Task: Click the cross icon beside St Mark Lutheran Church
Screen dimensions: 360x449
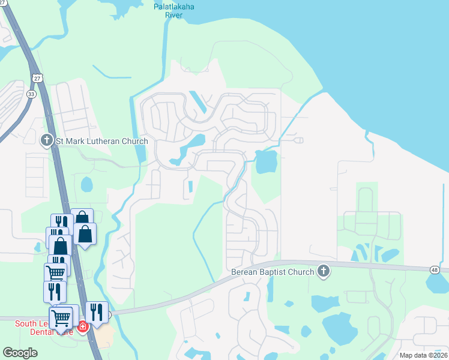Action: click(47, 141)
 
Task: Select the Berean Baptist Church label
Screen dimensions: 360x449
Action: click(273, 272)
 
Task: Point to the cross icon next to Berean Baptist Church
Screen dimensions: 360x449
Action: click(324, 271)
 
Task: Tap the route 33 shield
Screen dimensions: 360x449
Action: click(31, 94)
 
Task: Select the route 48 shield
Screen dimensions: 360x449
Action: click(433, 271)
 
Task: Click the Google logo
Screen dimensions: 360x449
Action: click(20, 353)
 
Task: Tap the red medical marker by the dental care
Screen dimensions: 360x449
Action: click(83, 327)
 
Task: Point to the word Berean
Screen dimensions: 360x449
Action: click(245, 272)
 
